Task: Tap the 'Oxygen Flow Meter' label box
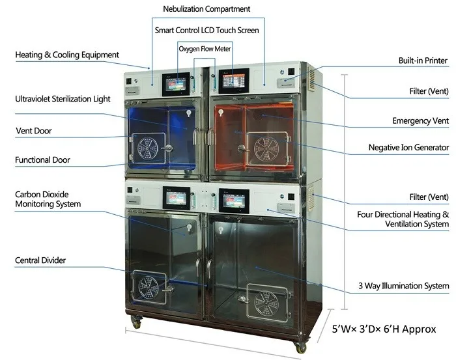click(x=205, y=48)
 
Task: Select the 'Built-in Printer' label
click(x=423, y=61)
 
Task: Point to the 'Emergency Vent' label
click(x=420, y=121)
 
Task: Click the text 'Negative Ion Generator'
click(x=408, y=148)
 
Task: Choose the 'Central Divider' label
click(x=40, y=260)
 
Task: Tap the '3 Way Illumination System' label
click(x=403, y=286)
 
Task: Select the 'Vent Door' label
click(x=34, y=131)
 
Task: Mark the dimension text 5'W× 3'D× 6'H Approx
click(x=384, y=329)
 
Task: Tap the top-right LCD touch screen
click(x=233, y=81)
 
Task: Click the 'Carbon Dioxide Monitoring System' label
click(x=48, y=199)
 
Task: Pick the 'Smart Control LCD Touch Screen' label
click(x=207, y=30)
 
